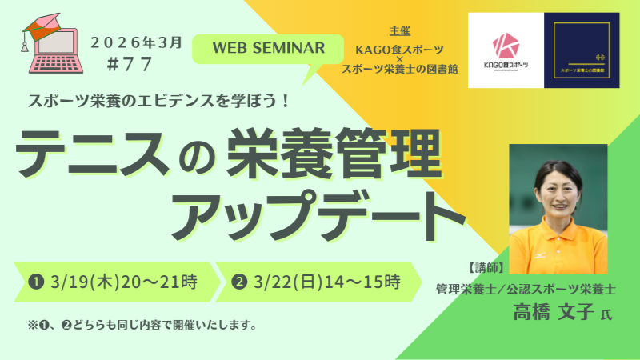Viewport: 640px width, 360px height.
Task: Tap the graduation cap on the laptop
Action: (42, 24)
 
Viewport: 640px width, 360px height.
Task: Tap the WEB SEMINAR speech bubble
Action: (268, 48)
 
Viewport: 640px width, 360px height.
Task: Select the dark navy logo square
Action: (582, 50)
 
